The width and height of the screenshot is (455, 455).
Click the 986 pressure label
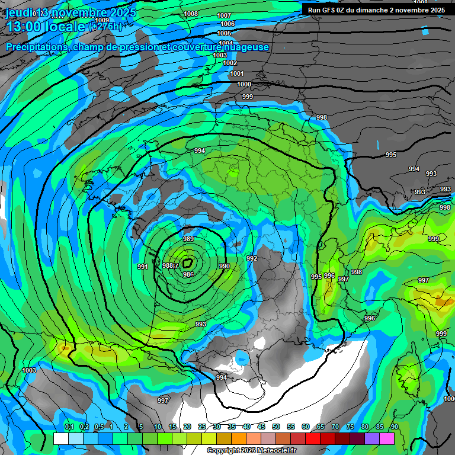pyautogui.click(x=188, y=274)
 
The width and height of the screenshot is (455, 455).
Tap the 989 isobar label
pyautogui.click(x=188, y=239)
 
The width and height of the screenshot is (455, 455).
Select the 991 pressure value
pyautogui.click(x=142, y=267)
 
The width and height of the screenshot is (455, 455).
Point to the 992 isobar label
pyautogui.click(x=252, y=258)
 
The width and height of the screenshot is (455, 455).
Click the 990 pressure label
pyautogui.click(x=224, y=267)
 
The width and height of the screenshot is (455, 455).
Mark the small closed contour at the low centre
pyautogui.click(x=188, y=262)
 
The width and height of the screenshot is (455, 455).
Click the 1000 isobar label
pyautogui.click(x=244, y=84)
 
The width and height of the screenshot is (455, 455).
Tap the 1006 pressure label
pyautogui.click(x=227, y=24)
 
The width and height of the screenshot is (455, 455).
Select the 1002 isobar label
pyautogui.click(x=230, y=63)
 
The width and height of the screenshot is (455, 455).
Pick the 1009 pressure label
pyautogui.click(x=102, y=70)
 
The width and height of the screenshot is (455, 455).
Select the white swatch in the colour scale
pyautogui.click(x=61, y=438)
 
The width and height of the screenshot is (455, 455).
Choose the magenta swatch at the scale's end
pyautogui.click(x=387, y=438)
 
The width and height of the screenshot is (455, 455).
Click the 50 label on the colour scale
pyautogui.click(x=276, y=427)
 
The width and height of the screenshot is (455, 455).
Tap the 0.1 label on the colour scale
pyautogui.click(x=69, y=427)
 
